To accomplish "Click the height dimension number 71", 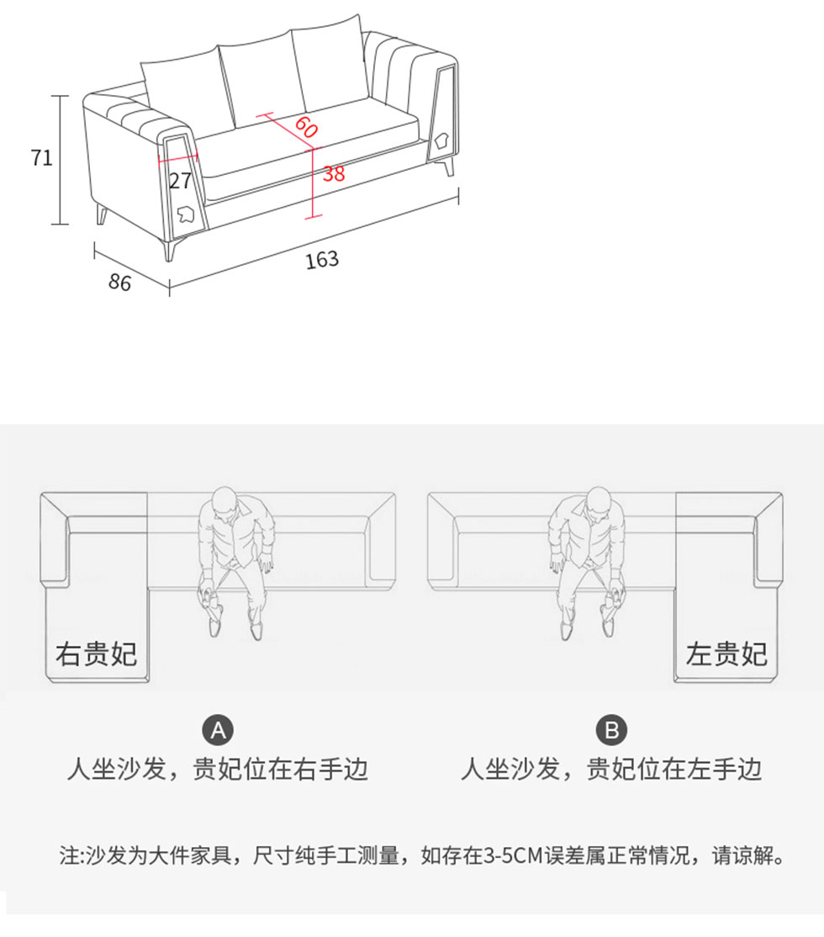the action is tap(42, 158).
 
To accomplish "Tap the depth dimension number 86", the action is tap(119, 282).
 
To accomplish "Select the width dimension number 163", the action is tap(322, 260).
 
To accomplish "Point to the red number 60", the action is tap(305, 127).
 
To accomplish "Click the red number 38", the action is tap(334, 174).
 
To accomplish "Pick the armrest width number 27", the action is tap(181, 181).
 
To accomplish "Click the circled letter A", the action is tap(218, 730).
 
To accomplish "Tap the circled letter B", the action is tap(611, 730).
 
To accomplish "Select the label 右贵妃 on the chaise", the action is tap(97, 654).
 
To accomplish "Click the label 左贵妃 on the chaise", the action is tap(726, 654).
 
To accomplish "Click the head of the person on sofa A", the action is tap(224, 500).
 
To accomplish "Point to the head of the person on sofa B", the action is tap(599, 500).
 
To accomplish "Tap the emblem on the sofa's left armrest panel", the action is tap(185, 214).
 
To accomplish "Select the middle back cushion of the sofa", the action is tap(260, 81).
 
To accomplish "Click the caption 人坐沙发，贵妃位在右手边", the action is tap(218, 769).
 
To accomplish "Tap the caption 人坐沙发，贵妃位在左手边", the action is tap(611, 769).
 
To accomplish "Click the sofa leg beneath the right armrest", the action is tap(449, 167).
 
